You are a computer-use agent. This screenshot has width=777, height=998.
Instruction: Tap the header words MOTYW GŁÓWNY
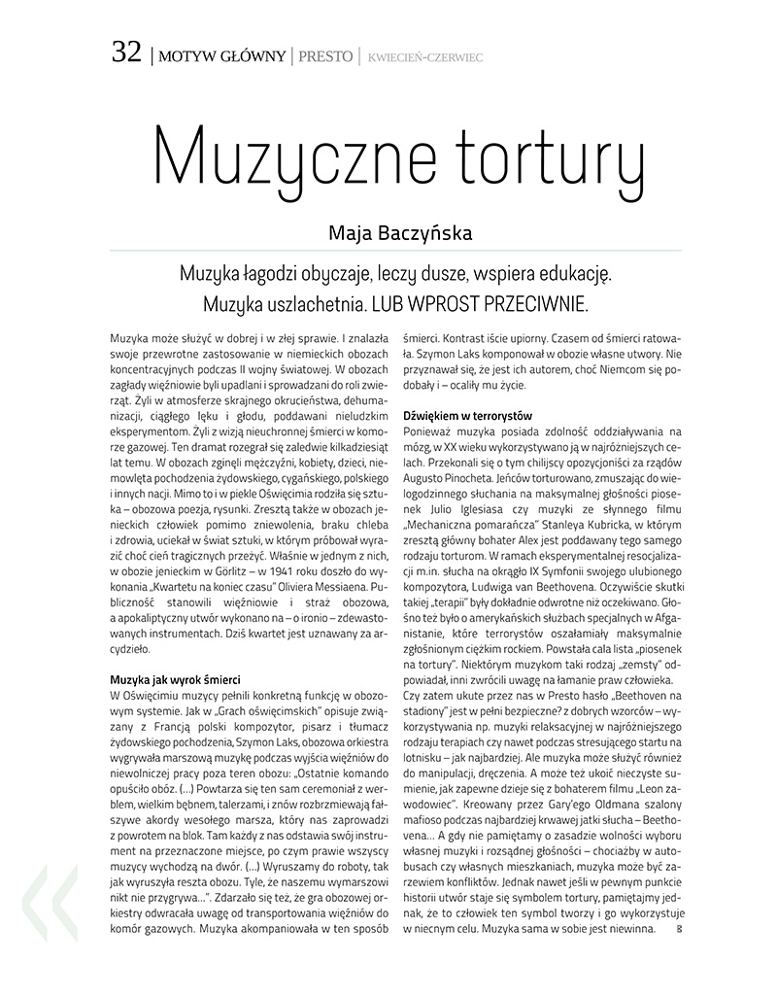point(220,55)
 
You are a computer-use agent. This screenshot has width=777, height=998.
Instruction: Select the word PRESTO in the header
point(325,55)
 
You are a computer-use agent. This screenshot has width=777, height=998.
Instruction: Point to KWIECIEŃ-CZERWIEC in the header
point(424,56)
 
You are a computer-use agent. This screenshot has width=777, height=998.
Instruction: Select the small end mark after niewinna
point(679,930)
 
